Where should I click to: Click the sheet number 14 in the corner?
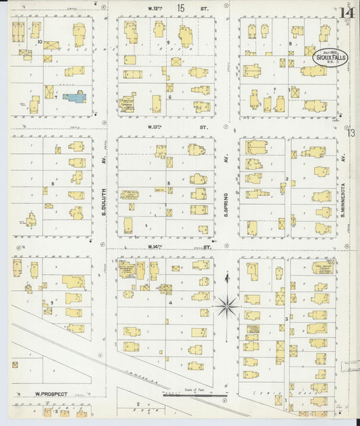[347, 12]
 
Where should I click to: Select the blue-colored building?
[74, 98]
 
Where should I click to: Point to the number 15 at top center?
[180, 7]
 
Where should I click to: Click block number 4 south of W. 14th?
[171, 302]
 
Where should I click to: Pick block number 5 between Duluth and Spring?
[168, 184]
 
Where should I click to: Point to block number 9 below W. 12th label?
[168, 43]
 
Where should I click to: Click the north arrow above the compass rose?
[227, 280]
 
